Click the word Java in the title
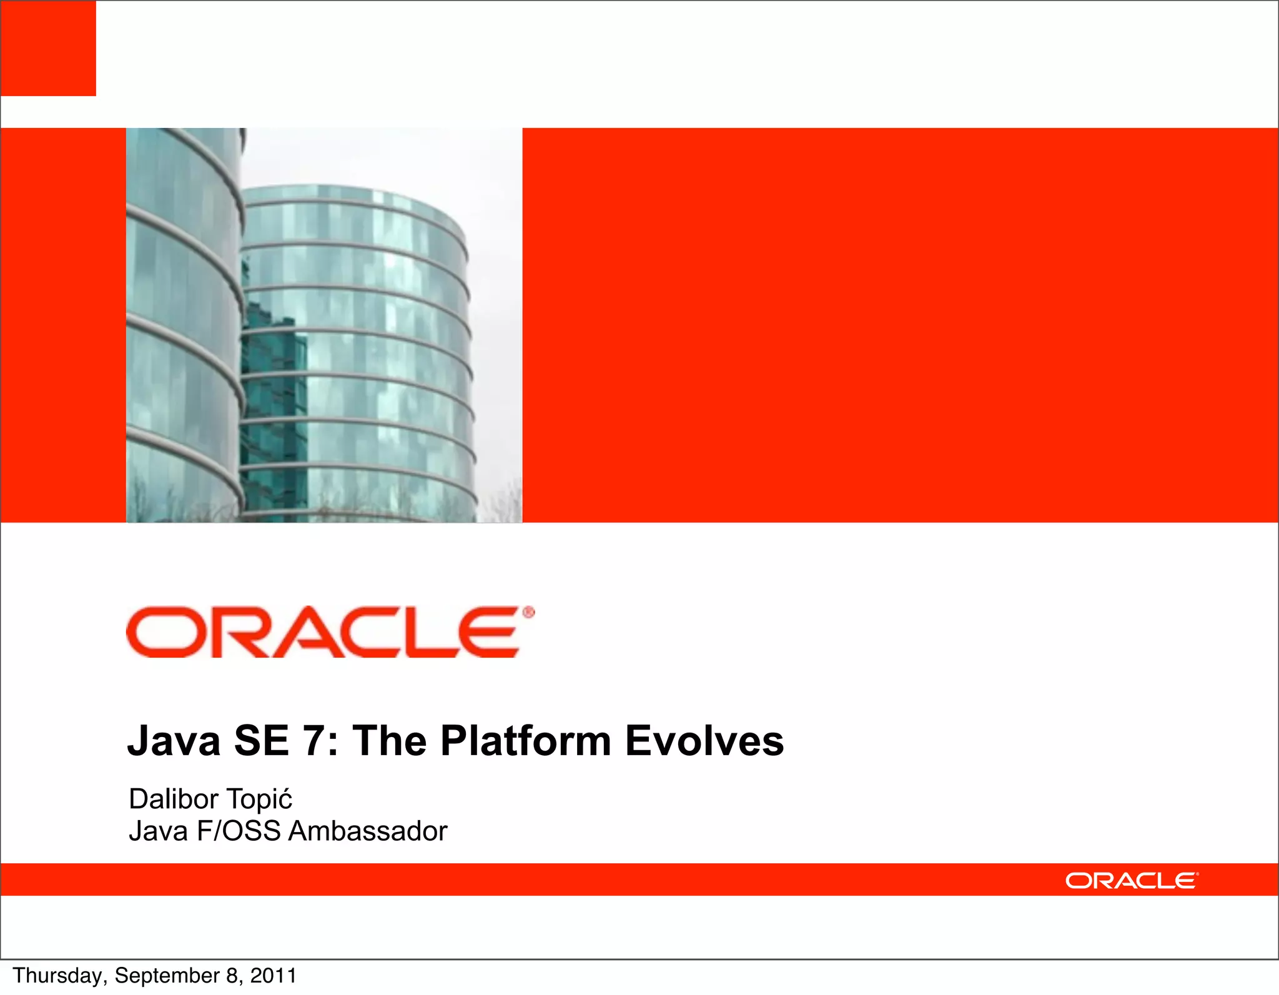[174, 741]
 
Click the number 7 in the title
[313, 741]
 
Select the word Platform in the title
[525, 741]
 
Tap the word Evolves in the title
[704, 741]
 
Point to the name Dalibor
[173, 799]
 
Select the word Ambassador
[368, 831]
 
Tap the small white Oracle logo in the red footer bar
[1131, 881]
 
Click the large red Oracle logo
[322, 632]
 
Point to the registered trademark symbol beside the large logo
[528, 613]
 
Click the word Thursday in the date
[59, 976]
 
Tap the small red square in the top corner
[48, 48]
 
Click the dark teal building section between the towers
[274, 406]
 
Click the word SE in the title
[261, 741]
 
